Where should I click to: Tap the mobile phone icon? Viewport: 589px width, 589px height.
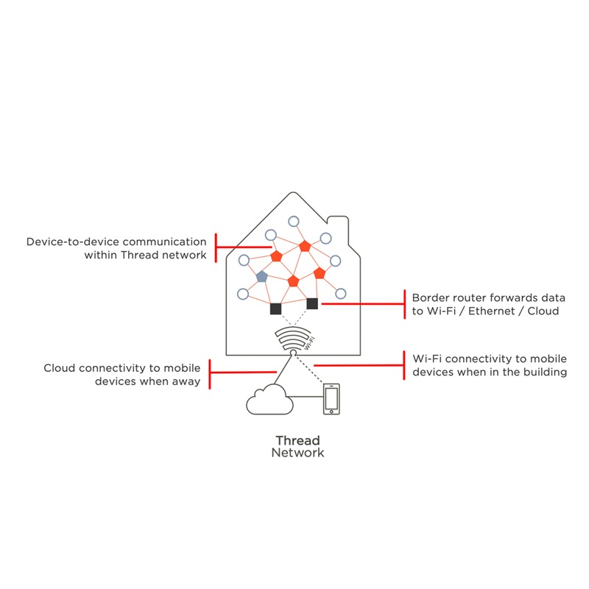(331, 399)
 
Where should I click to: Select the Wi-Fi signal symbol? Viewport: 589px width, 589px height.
(293, 339)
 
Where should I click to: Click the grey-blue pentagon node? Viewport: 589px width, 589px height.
(261, 277)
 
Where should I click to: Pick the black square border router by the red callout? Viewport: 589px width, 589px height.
(312, 303)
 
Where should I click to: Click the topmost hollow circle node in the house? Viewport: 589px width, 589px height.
(293, 222)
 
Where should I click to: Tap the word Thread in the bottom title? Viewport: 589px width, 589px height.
(297, 440)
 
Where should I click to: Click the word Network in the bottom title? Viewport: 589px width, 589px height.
(297, 453)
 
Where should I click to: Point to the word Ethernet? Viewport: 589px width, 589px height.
(491, 311)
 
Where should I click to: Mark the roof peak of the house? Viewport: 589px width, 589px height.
(293, 193)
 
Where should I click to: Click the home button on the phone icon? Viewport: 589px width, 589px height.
(331, 412)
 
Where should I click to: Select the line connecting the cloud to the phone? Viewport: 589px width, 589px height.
(305, 397)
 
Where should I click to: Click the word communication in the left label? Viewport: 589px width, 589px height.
(164, 241)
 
